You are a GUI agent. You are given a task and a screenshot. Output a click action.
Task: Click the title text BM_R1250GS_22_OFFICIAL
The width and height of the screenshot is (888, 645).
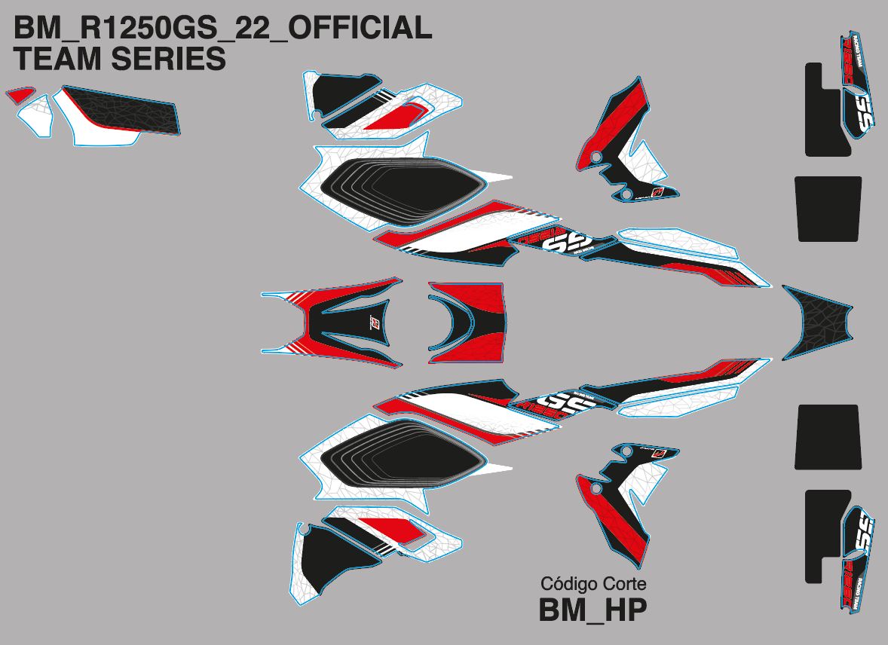223,28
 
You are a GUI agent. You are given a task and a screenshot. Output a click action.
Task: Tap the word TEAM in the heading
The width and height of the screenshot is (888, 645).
57,59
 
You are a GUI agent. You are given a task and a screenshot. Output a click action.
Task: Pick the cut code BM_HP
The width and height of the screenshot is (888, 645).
593,610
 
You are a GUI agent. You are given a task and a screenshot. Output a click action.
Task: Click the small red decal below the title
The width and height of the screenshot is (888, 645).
20,95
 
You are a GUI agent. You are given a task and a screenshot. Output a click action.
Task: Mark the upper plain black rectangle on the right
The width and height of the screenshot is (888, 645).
828,209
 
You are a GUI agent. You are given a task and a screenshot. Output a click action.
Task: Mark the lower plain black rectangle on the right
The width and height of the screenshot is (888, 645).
828,437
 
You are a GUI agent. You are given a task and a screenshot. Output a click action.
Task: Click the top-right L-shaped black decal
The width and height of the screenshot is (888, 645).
822,113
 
